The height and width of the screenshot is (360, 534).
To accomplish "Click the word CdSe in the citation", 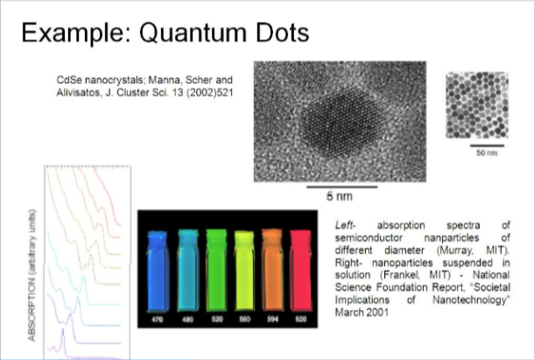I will pos(67,78).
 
